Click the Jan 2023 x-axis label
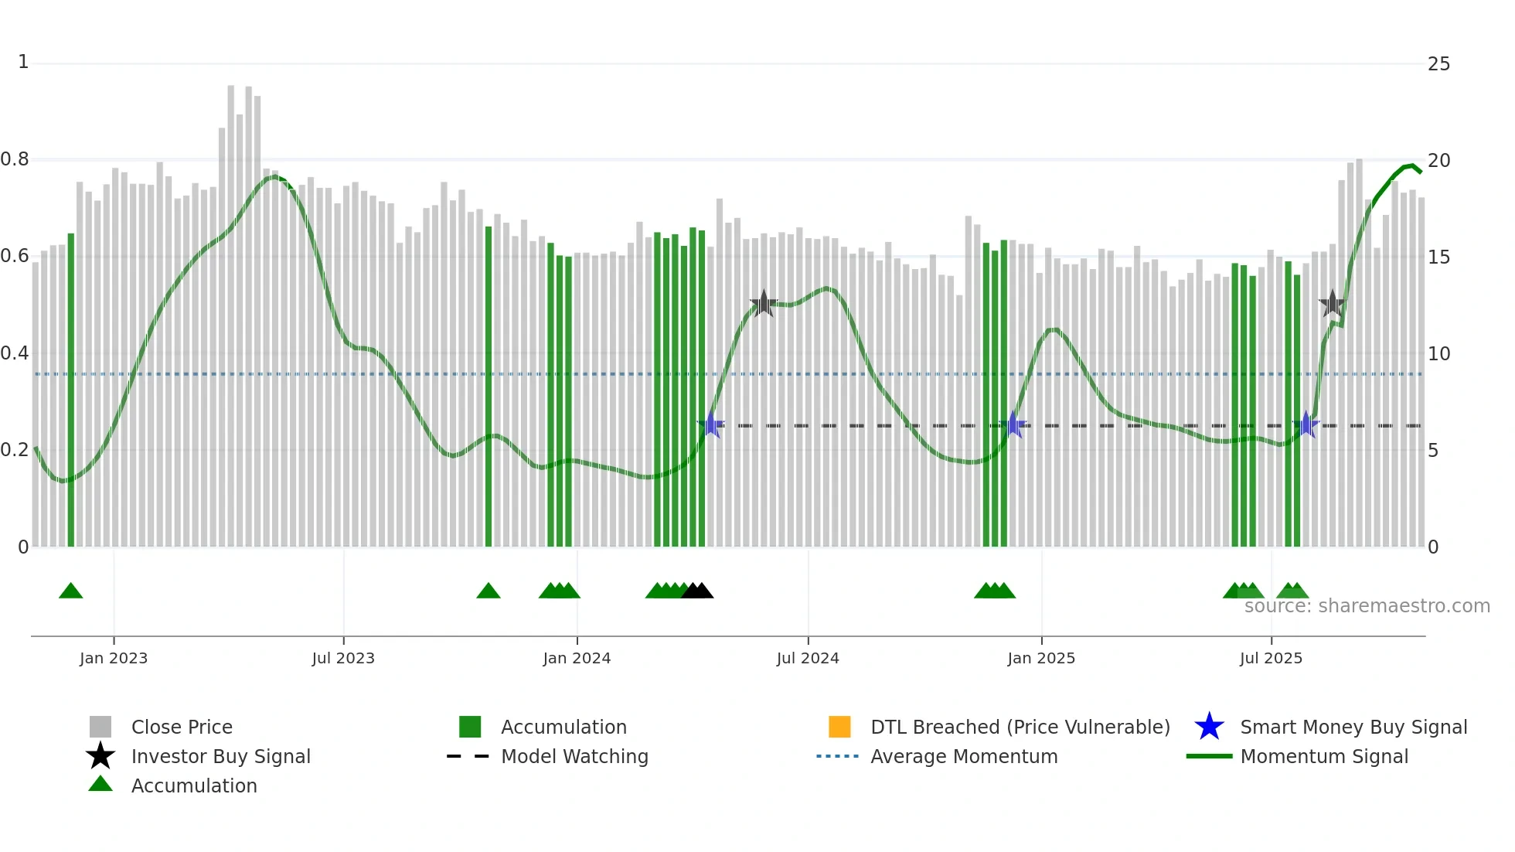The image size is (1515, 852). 113,658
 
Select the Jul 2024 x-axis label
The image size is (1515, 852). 807,658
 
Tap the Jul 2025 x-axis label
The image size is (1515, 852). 1271,658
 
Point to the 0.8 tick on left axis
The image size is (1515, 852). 15,159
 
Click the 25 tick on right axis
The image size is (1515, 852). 1438,64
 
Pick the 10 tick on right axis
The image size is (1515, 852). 1438,354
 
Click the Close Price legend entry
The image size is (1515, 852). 182,727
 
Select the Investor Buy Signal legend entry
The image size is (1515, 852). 220,756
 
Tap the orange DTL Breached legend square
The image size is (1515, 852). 839,727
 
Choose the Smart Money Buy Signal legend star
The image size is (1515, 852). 1209,727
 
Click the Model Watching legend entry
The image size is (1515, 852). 574,756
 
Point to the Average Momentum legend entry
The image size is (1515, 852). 963,756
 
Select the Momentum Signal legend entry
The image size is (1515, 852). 1323,756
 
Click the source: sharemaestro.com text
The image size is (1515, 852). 1367,606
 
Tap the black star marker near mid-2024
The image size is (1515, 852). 764,304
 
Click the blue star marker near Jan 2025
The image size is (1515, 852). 1013,425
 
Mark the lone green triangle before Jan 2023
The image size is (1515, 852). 70,591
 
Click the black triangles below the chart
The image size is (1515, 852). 697,591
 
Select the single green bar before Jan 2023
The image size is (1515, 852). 71,390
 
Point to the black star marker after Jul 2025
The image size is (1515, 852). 1332,304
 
